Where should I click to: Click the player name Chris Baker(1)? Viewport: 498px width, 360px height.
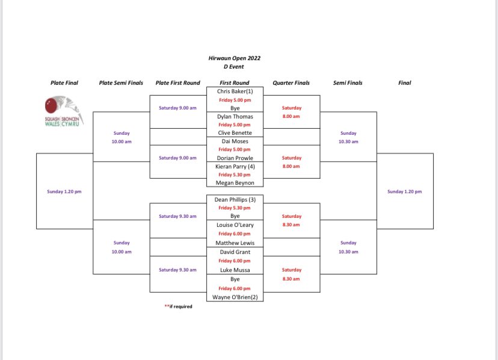(234, 91)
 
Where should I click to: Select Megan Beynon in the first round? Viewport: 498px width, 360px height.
(234, 183)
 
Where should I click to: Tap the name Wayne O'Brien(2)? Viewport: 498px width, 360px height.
(234, 297)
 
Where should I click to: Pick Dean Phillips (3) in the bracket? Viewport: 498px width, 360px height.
(234, 199)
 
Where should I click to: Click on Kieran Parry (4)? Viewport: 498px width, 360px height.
(234, 166)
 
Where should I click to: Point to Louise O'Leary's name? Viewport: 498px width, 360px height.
(234, 225)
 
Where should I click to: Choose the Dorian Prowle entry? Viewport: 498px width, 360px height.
(234, 158)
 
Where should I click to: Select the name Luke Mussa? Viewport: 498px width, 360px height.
(234, 270)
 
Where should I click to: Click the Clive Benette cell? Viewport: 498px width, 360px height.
(234, 132)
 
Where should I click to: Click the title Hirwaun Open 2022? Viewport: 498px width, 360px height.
(234, 58)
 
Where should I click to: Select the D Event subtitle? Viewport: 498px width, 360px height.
(234, 67)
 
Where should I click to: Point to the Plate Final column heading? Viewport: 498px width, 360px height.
(64, 83)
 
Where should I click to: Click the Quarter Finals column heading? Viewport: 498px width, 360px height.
(291, 83)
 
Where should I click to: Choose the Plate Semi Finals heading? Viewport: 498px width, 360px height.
(121, 83)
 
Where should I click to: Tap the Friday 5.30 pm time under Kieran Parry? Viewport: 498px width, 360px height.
(234, 175)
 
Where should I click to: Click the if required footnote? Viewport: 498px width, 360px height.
(179, 306)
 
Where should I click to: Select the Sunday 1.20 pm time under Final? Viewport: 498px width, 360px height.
(404, 191)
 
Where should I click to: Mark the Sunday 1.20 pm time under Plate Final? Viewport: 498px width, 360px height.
(64, 191)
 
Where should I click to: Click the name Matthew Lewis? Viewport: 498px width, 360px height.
(234, 243)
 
